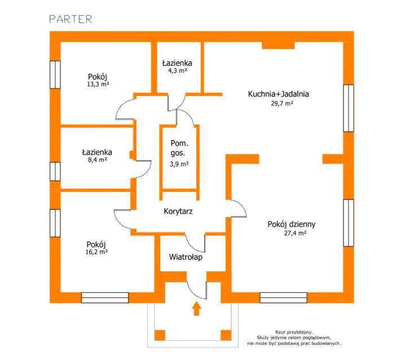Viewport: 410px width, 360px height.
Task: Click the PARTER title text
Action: (70, 19)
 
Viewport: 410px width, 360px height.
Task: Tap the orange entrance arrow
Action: (197, 309)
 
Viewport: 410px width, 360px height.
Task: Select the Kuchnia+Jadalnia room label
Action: (279, 94)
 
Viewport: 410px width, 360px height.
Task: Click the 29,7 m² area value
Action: (282, 103)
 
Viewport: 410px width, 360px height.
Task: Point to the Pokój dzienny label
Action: (292, 225)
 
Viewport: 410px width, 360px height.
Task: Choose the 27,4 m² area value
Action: (295, 233)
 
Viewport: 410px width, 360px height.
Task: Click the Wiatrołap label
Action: (186, 257)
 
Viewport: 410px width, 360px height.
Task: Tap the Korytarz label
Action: (178, 211)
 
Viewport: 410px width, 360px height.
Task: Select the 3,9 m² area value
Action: (179, 164)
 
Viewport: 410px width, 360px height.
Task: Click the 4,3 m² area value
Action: (178, 71)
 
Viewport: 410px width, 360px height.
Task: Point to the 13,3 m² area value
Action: (98, 84)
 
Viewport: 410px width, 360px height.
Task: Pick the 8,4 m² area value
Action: (98, 160)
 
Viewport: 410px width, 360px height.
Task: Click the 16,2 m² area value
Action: (96, 252)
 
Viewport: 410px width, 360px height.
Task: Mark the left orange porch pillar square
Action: (160, 335)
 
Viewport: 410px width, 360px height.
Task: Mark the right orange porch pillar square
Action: (226, 335)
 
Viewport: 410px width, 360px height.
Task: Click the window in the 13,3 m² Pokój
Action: (55, 74)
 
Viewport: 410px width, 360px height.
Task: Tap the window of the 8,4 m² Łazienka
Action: (55, 172)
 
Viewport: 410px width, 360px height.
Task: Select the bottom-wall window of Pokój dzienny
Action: (284, 298)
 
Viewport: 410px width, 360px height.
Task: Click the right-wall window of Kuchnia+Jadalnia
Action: (349, 108)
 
